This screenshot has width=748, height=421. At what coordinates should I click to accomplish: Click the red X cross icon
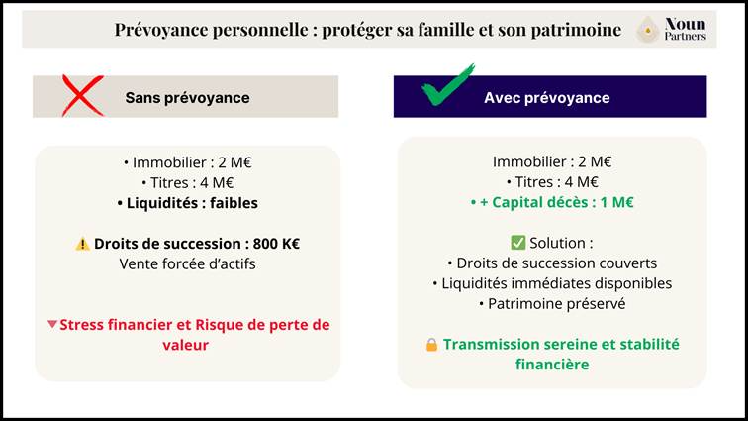[x=83, y=96]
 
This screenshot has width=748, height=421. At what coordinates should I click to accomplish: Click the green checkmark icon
[x=447, y=86]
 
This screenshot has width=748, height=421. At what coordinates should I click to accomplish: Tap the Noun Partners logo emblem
[x=648, y=30]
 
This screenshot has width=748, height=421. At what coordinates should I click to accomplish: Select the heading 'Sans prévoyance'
[x=187, y=98]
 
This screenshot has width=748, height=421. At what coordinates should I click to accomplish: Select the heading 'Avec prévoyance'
[x=546, y=98]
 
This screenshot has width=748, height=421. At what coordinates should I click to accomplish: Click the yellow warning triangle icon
[x=82, y=244]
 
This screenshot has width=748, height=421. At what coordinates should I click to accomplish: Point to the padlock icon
[x=431, y=345]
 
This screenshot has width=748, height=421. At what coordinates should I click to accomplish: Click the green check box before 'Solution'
[x=517, y=243]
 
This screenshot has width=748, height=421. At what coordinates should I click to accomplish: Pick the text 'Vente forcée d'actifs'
[x=187, y=263]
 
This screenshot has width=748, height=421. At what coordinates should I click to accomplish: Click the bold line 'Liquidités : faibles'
[x=187, y=202]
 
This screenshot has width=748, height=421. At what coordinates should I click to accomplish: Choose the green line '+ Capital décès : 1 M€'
[x=552, y=202]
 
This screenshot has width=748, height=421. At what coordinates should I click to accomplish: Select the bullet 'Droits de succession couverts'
[x=552, y=263]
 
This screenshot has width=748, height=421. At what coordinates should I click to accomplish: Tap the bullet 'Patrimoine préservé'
[x=552, y=304]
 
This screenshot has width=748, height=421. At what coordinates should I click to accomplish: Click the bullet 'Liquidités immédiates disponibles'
[x=552, y=283]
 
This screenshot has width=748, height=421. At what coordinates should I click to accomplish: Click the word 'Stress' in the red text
[x=84, y=325]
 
